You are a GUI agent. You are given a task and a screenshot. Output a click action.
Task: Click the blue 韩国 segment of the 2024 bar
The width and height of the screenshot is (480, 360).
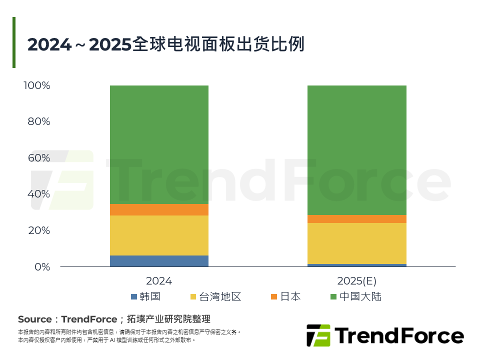[159, 261]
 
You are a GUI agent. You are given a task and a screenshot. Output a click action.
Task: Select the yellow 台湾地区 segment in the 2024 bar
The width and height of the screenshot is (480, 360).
[159, 235]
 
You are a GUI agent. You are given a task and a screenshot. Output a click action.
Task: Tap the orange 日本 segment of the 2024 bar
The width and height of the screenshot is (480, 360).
[159, 209]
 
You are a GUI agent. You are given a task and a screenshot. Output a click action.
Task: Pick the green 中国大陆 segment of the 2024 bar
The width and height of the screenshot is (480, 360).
[159, 144]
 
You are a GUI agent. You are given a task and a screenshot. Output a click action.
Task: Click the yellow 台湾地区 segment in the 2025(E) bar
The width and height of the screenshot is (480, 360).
[356, 243]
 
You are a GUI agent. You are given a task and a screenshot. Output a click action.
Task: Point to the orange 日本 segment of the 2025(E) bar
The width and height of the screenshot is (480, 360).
[356, 219]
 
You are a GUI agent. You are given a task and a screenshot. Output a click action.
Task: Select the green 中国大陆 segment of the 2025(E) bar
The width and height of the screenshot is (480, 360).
[356, 150]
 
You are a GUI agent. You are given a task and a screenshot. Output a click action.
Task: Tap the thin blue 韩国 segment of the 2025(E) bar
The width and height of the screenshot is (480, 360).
[356, 265]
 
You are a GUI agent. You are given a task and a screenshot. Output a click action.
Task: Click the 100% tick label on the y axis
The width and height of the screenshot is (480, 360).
[37, 85]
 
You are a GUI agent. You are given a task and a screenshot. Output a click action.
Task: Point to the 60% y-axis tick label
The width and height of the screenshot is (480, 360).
[39, 158]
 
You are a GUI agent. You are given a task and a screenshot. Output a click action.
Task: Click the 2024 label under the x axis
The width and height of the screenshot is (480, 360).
[159, 281]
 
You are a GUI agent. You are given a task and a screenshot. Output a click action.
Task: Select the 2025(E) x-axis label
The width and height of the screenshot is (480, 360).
[356, 281]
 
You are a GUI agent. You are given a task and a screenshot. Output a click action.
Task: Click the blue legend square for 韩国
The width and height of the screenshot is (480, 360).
[133, 297]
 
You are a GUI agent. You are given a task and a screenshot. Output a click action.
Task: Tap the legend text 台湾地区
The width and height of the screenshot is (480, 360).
[220, 297]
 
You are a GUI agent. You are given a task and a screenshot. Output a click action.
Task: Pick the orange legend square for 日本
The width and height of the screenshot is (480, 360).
[273, 297]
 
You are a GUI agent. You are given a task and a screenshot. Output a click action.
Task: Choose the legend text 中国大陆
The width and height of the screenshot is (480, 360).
[360, 297]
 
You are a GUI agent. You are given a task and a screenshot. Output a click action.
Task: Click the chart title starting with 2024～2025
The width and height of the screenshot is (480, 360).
[165, 45]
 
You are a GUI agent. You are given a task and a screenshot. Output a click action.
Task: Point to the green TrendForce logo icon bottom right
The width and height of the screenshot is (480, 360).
[318, 335]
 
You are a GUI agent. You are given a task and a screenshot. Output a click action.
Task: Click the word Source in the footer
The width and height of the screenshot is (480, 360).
[34, 319]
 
